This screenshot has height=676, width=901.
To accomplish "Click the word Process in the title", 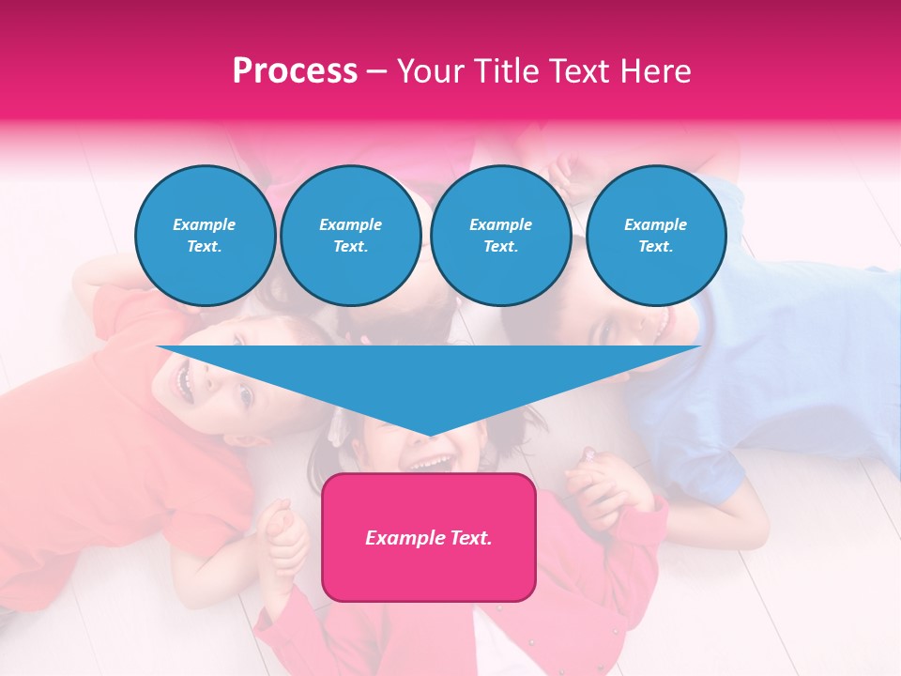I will pyautogui.click(x=295, y=71).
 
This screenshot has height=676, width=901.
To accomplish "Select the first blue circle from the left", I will pyautogui.click(x=205, y=236).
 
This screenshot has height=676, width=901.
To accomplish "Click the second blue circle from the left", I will pyautogui.click(x=350, y=236).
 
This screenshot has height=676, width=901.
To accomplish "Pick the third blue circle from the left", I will pyautogui.click(x=500, y=236).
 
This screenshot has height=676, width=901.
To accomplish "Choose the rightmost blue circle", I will pyautogui.click(x=655, y=236).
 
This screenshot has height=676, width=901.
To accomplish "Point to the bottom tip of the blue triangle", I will pyautogui.click(x=429, y=436).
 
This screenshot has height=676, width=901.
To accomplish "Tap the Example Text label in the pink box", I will pyautogui.click(x=429, y=538).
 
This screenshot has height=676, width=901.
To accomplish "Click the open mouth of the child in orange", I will pyautogui.click(x=184, y=380).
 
